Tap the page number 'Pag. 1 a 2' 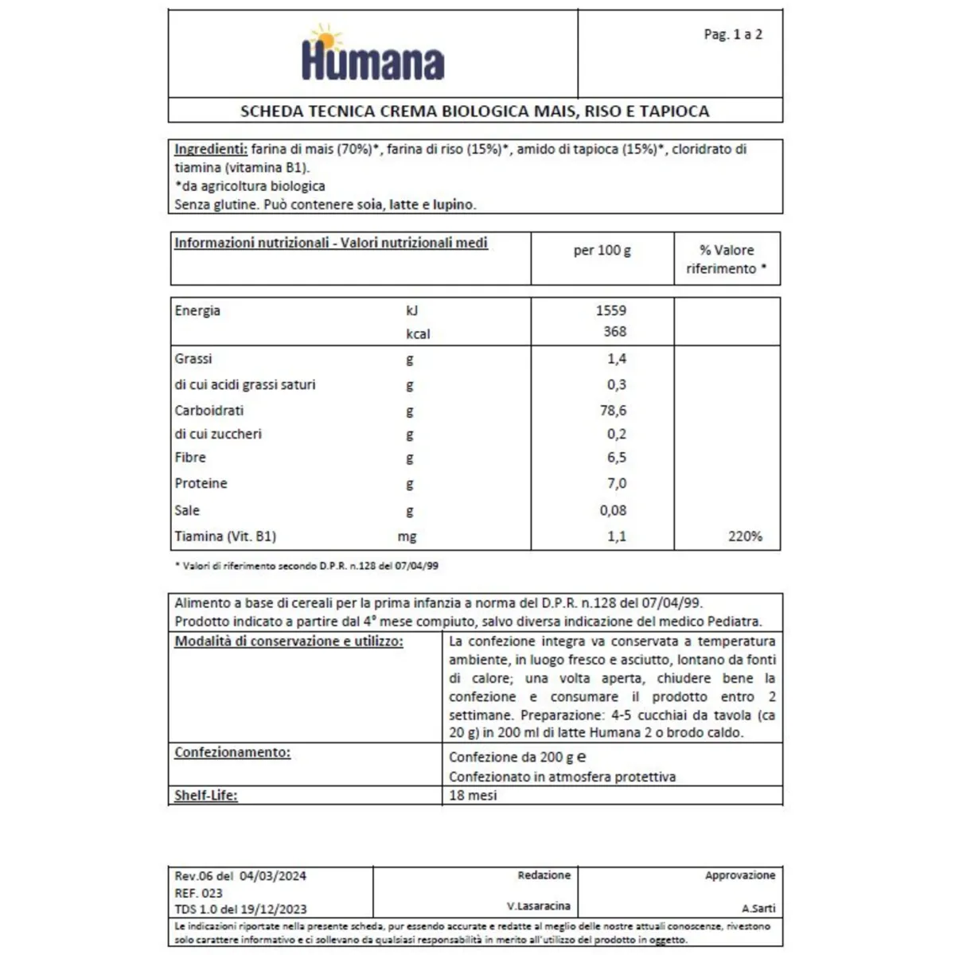tap(733, 34)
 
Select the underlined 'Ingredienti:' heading tap(211, 149)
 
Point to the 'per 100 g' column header tap(602, 250)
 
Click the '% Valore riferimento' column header tap(727, 259)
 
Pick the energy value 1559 tap(611, 310)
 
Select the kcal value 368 tap(614, 332)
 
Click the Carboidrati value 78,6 tap(613, 411)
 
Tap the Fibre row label tap(190, 458)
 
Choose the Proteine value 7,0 tap(616, 483)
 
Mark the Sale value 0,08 tap(613, 510)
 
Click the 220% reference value tap(745, 536)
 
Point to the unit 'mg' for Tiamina tap(407, 536)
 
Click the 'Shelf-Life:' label tap(206, 795)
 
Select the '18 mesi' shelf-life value tap(473, 795)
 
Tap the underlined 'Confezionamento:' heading tap(232, 752)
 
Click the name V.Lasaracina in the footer tap(538, 906)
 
